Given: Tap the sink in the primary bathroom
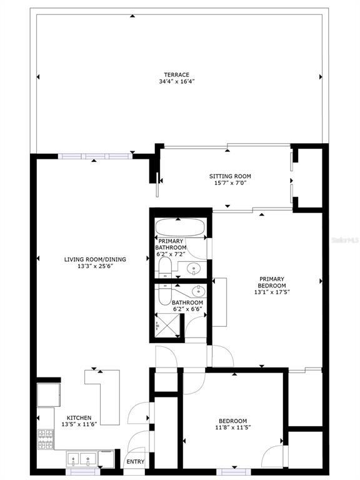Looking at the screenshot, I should click(193, 269).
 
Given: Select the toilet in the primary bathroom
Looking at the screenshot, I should click(164, 269).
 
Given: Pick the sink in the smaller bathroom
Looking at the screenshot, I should click(198, 291).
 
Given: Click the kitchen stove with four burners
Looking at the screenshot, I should click(46, 439).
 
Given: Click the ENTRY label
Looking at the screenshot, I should click(136, 462).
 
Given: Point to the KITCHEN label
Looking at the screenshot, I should click(79, 417).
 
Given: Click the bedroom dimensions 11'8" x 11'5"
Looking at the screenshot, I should click(232, 428).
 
